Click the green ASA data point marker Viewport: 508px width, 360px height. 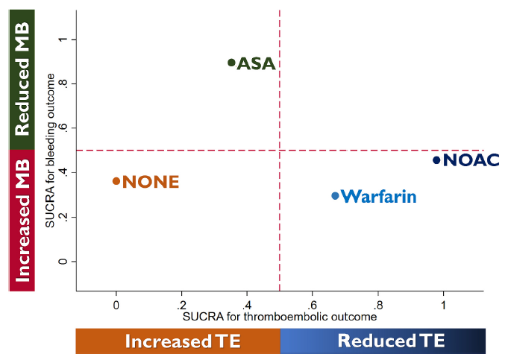pos(231,63)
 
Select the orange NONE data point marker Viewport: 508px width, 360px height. pos(116,181)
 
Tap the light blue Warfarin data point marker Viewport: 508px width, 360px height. pos(335,196)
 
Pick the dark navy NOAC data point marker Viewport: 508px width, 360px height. pos(436,160)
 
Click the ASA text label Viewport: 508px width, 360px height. pos(257,64)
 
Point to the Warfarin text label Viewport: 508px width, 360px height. pos(380,197)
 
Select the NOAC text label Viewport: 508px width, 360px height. pos(471,160)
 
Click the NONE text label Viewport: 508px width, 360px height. pos(151,182)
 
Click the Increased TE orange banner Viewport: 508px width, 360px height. pos(178,341)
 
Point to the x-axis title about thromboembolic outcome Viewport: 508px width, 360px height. pos(280,316)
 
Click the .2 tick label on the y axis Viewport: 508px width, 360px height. pos(63,218)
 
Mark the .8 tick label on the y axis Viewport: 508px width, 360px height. pos(63,83)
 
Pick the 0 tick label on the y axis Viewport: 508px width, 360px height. pos(63,262)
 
